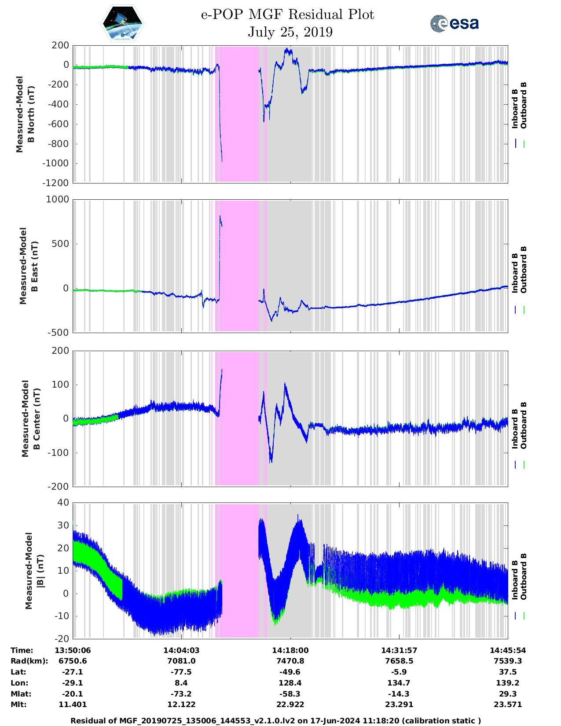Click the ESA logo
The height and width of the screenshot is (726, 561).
(x=455, y=23)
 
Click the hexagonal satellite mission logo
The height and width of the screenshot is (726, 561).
(x=122, y=24)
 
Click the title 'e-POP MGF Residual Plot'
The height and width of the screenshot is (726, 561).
(x=287, y=15)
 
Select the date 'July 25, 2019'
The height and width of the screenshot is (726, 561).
(x=290, y=32)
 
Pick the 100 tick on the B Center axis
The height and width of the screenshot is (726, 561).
(x=61, y=385)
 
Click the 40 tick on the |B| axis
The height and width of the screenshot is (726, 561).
(x=63, y=502)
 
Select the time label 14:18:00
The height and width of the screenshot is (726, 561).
(x=290, y=650)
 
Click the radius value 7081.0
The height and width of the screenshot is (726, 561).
(x=181, y=661)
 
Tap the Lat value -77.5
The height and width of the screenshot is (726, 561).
(x=181, y=672)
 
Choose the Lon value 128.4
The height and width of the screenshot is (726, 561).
(x=290, y=683)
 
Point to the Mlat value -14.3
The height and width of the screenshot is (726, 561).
(x=399, y=694)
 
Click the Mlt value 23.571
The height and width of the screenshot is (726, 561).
(x=508, y=704)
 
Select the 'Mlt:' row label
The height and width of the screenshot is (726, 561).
(x=18, y=704)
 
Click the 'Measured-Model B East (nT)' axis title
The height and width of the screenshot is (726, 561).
(x=29, y=266)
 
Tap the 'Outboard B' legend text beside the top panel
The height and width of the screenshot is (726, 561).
(x=523, y=106)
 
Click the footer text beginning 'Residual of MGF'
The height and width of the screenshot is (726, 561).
(x=276, y=721)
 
